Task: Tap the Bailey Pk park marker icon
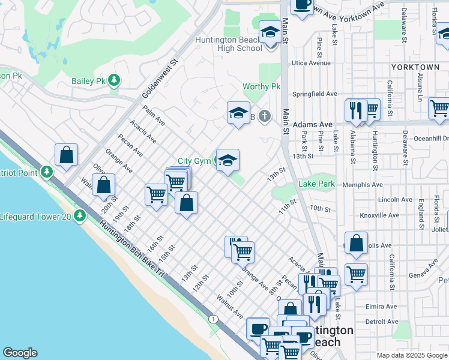(113, 80)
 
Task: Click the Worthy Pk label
(262, 87)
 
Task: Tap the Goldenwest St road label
(161, 79)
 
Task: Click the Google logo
(20, 353)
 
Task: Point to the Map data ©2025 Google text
(412, 355)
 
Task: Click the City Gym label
(194, 161)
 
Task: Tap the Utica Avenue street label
(311, 63)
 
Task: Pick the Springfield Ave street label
(315, 94)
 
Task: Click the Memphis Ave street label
(362, 185)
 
